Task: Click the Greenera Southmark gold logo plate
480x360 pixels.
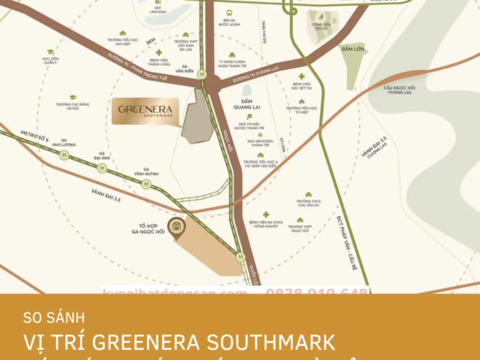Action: click(x=144, y=111)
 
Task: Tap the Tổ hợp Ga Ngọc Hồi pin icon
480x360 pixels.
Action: click(x=175, y=226)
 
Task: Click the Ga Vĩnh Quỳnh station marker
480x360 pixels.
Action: click(x=145, y=184)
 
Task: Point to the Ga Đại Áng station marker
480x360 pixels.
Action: click(x=101, y=167)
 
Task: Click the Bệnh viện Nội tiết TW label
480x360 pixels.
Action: click(x=302, y=86)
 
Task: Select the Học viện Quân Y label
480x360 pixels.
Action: click(x=50, y=61)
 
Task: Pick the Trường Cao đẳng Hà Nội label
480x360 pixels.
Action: click(x=72, y=107)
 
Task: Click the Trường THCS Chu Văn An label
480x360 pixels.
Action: click(x=309, y=203)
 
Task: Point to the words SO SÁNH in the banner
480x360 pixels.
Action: click(x=53, y=315)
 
